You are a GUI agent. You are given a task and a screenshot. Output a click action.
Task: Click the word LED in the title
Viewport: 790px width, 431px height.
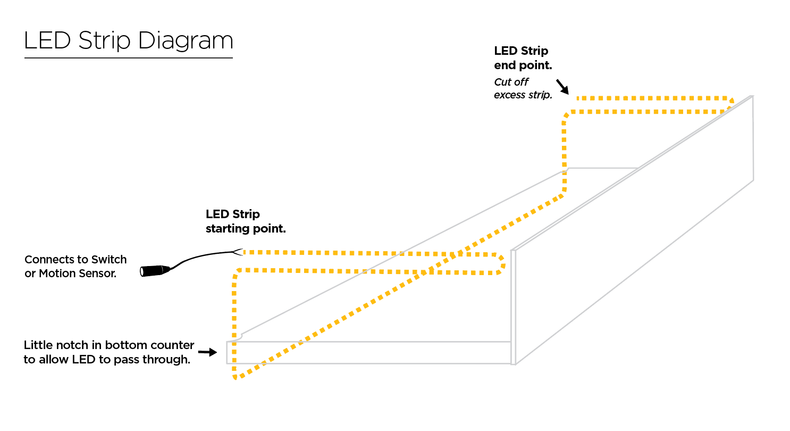tap(48, 42)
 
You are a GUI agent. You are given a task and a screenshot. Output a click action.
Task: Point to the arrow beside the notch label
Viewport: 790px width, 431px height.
tap(207, 352)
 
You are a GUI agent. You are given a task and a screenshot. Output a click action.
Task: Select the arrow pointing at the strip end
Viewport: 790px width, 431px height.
tap(562, 86)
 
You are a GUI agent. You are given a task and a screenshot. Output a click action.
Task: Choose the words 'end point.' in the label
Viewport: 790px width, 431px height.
tap(523, 65)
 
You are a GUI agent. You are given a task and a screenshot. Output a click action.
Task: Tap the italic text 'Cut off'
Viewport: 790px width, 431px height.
tap(511, 82)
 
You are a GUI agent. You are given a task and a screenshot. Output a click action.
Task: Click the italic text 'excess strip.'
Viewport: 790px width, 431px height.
tap(523, 95)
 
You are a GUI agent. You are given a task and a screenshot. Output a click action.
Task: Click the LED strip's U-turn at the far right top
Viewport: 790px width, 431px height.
tap(730, 103)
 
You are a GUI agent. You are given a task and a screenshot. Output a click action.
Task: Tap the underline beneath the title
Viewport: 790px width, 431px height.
tap(128, 57)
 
